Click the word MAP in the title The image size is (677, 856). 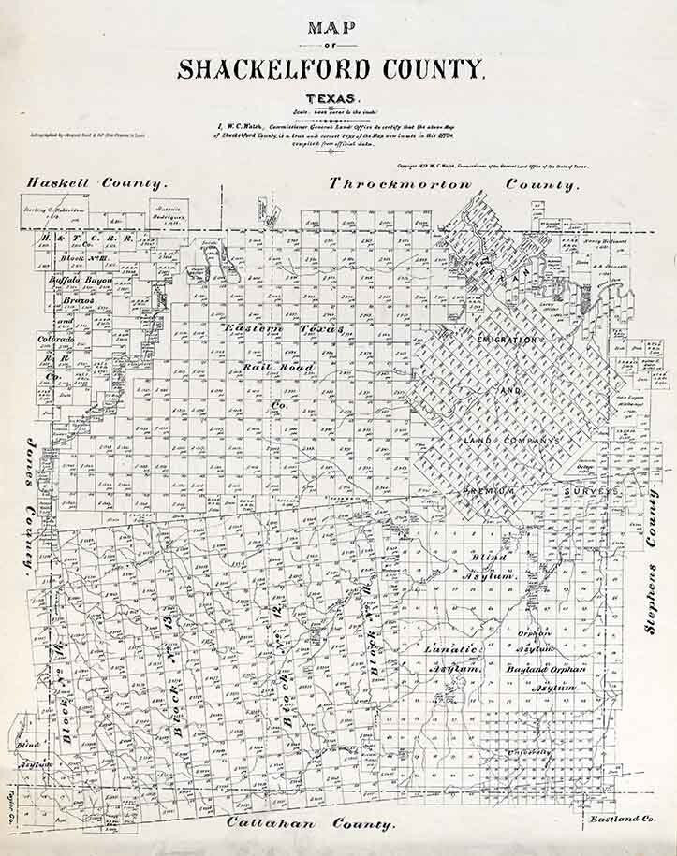331,27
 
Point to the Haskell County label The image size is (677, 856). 96,184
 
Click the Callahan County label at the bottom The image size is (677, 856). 310,824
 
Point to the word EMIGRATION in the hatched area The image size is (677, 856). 507,339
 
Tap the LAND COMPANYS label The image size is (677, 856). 511,439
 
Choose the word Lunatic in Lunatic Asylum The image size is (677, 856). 450,649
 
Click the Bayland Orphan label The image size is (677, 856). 546,669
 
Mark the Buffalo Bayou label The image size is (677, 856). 81,280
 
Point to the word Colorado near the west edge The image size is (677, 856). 54,339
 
